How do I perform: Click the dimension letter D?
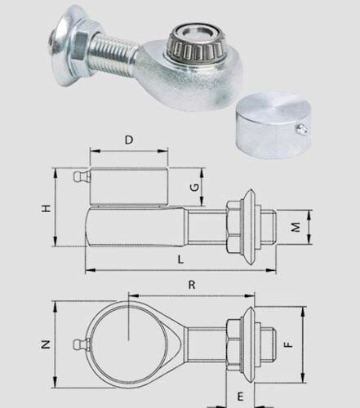click(129, 140)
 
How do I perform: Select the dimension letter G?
click(195, 188)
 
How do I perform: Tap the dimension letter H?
click(47, 208)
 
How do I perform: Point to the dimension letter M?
click(296, 227)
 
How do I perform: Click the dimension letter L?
click(180, 259)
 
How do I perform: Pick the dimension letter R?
click(192, 285)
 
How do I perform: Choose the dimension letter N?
click(46, 344)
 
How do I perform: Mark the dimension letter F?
click(288, 344)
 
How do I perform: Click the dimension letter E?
click(240, 397)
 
